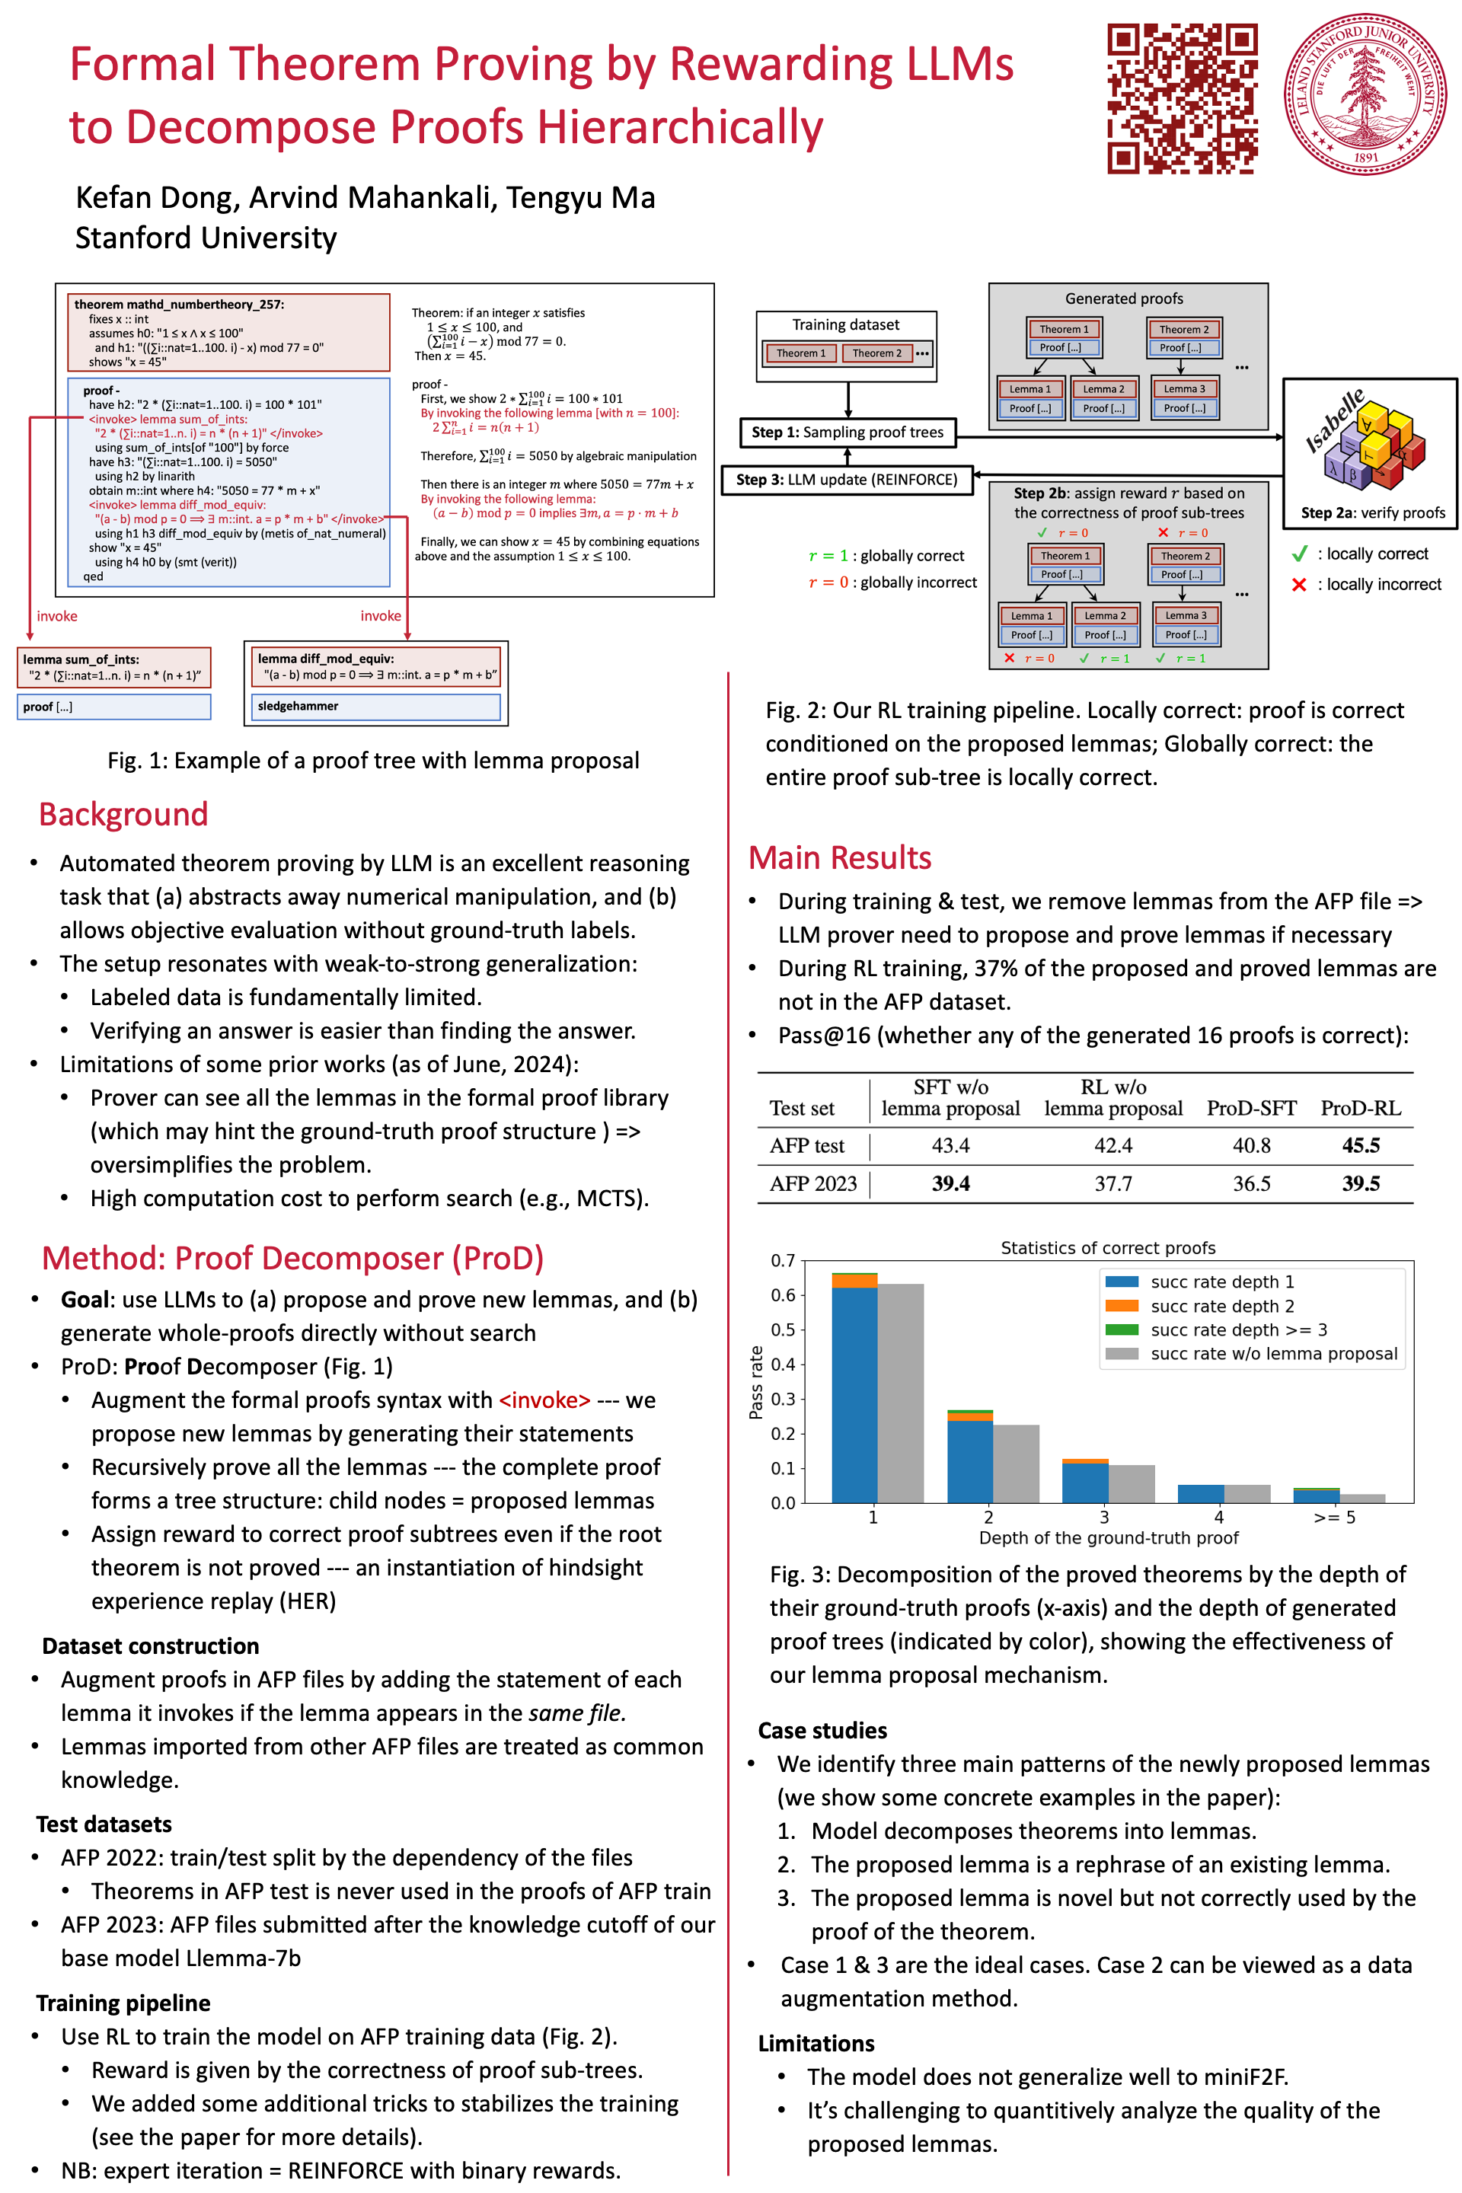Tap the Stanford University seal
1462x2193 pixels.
pyautogui.click(x=1365, y=94)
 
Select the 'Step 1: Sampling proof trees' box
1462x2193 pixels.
pyautogui.click(x=848, y=432)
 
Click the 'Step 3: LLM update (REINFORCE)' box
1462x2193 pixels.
pyautogui.click(x=847, y=479)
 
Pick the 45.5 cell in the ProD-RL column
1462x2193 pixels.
pyautogui.click(x=1361, y=1145)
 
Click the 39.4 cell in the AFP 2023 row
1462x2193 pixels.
pyautogui.click(x=950, y=1183)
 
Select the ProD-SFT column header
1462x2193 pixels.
pyautogui.click(x=1251, y=1108)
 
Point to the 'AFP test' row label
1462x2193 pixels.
pyautogui.click(x=806, y=1145)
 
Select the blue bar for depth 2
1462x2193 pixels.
pyautogui.click(x=969, y=1461)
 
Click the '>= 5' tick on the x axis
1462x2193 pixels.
pyautogui.click(x=1334, y=1517)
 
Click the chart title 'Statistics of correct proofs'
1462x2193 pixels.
pyautogui.click(x=1108, y=1247)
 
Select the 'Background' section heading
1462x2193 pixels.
pyautogui.click(x=123, y=814)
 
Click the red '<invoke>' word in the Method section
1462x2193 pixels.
pyautogui.click(x=544, y=1400)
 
